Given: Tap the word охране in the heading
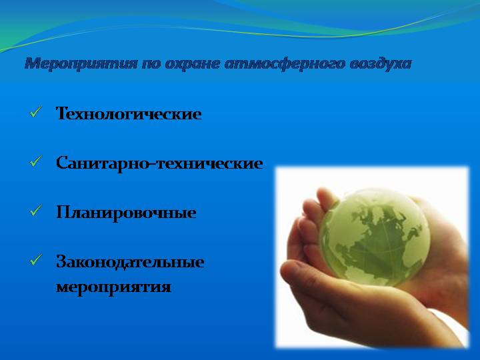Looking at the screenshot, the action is [x=192, y=64].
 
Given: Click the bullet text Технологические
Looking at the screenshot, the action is [x=129, y=113].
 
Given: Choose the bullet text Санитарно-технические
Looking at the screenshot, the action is [x=159, y=163].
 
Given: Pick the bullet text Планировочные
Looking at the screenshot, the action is [x=126, y=213].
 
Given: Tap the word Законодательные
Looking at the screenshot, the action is [x=130, y=262].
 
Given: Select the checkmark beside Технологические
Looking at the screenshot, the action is [x=35, y=112].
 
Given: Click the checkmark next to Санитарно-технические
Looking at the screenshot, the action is [x=35, y=161].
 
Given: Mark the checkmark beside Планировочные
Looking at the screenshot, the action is [x=35, y=211].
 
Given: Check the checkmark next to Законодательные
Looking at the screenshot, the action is [x=35, y=260].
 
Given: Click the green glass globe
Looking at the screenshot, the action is [x=375, y=237].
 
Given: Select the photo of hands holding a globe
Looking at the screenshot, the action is [x=372, y=257].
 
